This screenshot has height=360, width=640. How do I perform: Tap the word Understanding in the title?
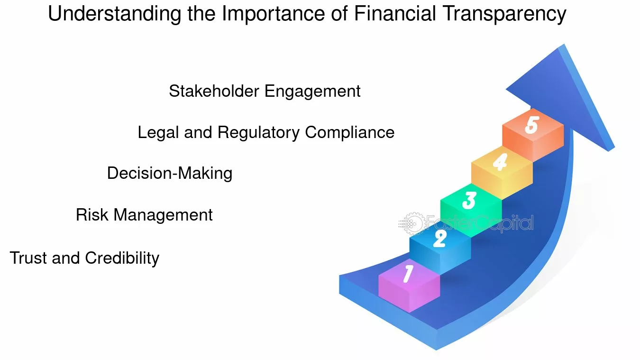115,14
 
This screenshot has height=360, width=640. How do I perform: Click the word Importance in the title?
274,14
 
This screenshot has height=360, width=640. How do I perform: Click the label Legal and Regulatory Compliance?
266,133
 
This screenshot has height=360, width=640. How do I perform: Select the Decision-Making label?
170,174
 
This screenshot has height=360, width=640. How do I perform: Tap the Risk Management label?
144,215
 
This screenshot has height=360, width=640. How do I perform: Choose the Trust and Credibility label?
84,258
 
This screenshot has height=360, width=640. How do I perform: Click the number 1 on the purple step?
408,274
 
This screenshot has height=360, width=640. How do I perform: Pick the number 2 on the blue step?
440,238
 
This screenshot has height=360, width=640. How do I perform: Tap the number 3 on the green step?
469,200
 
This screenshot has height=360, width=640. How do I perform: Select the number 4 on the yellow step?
500,162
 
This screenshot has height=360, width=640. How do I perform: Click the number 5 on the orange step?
532,125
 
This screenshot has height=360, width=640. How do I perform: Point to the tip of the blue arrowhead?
564,44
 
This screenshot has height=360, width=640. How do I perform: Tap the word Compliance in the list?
350,133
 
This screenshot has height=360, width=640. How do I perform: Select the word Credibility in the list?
122,258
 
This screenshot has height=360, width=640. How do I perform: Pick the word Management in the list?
163,215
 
